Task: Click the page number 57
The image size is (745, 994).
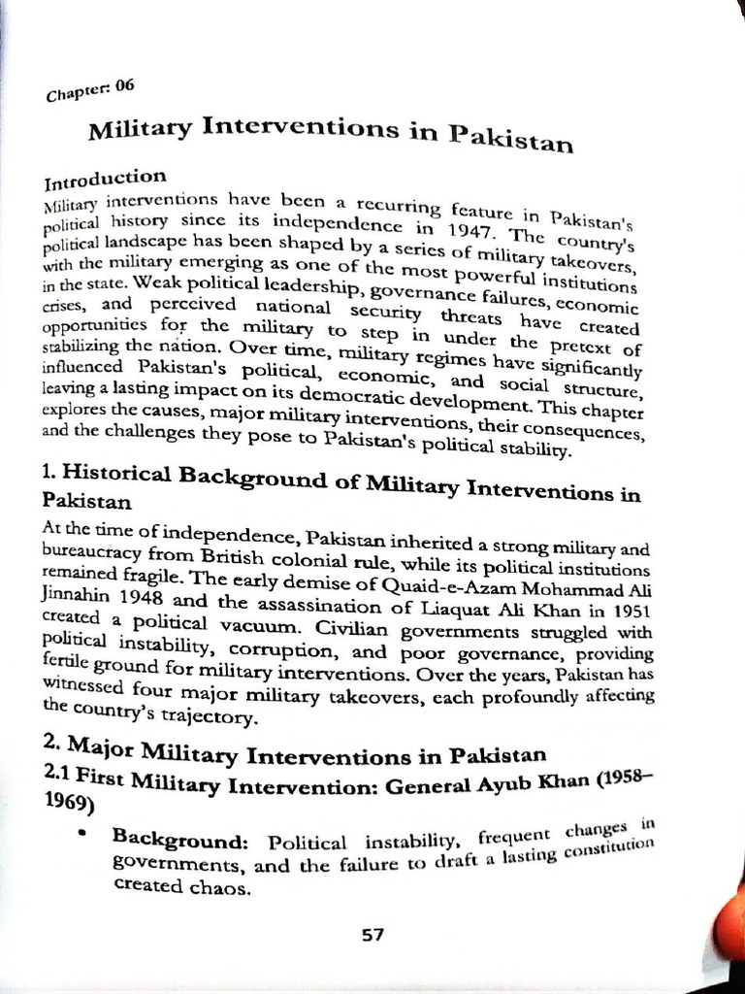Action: (372, 935)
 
